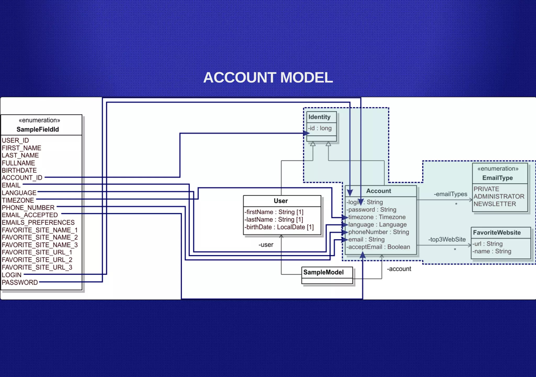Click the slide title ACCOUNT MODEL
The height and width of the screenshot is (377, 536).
268,78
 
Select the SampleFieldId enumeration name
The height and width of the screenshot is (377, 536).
38,129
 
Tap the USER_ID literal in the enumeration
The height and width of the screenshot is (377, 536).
15,140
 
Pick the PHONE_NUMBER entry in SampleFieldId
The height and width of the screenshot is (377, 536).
28,208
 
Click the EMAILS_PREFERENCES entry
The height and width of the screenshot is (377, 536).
38,223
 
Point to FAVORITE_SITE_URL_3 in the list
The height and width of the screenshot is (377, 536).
37,267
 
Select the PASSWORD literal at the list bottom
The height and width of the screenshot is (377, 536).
20,282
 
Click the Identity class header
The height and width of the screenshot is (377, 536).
319,117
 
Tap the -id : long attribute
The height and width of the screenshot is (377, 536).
320,128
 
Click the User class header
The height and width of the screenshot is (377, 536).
281,201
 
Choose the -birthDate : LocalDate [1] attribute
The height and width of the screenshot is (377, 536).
279,227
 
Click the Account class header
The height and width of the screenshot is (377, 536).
378,191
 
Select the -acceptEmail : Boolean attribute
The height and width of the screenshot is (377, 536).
378,247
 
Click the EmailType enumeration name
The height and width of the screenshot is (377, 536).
497,178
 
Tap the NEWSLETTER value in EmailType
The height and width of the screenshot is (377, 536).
495,204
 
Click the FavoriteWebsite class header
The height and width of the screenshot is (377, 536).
497,232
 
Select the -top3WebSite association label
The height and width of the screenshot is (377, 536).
447,239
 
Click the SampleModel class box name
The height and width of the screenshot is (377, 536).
323,272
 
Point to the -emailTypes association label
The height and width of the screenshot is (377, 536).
450,194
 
